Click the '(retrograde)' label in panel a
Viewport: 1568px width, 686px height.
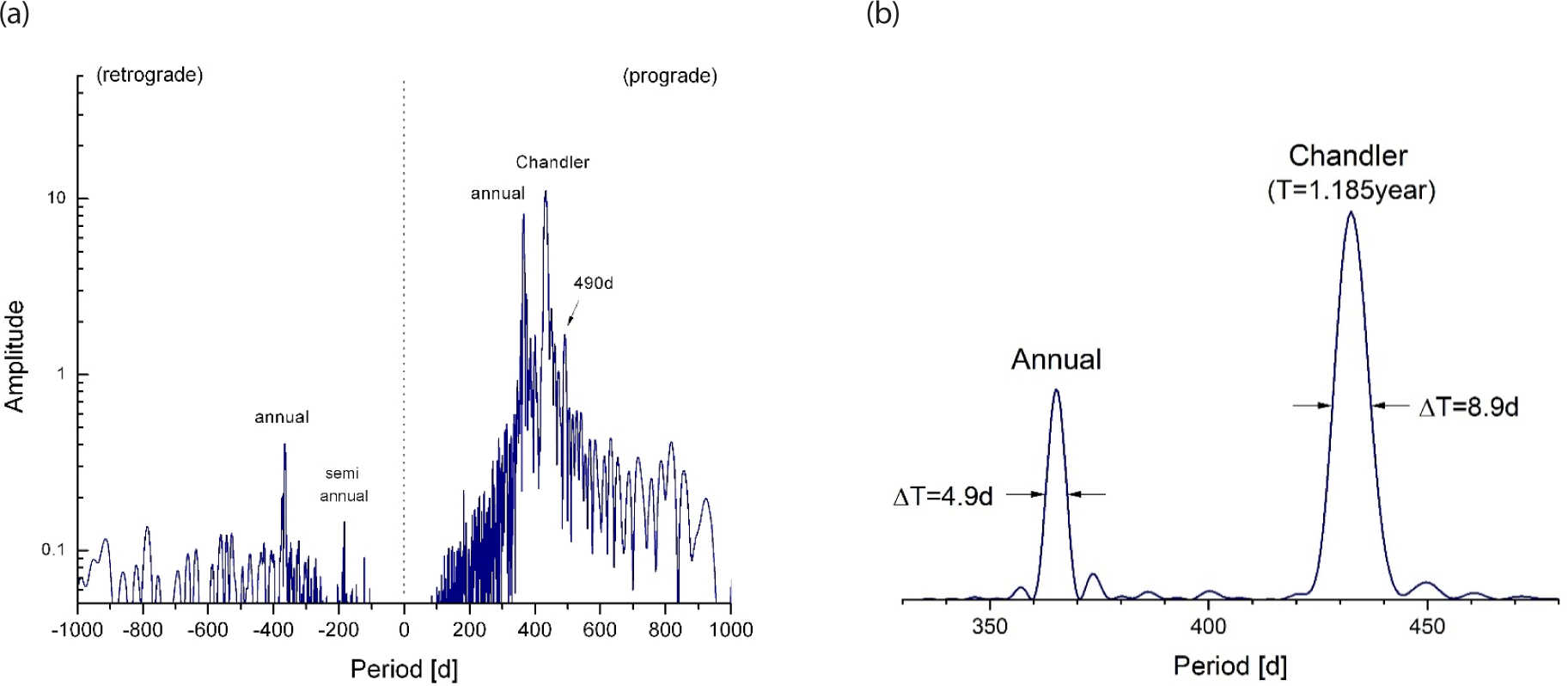pos(150,76)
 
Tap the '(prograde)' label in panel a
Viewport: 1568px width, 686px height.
pos(669,77)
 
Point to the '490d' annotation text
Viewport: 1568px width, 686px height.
pos(593,284)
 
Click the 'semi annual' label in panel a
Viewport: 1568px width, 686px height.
pos(344,485)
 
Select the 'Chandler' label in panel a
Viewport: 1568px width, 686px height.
pos(552,162)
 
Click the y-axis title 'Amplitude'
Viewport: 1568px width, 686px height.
pos(15,356)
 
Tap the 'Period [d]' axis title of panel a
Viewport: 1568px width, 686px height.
pos(404,669)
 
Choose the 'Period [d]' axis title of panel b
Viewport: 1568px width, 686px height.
pos(1230,665)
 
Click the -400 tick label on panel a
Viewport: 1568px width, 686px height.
pos(273,630)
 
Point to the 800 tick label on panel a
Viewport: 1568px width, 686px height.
pos(665,630)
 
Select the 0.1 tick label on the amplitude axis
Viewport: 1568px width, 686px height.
pos(53,550)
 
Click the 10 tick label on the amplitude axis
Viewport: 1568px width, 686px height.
pos(56,199)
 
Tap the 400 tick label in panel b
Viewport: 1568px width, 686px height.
pos(1208,627)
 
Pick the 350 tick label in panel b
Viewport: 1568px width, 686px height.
pos(990,627)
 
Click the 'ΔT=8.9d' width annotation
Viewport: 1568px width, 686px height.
pos(1468,407)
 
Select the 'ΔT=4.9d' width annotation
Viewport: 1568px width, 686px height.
pos(943,497)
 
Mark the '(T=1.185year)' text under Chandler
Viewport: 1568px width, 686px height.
pos(1351,190)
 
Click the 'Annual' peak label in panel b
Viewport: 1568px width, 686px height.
pos(1056,359)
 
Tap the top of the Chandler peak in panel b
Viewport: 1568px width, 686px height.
pos(1351,212)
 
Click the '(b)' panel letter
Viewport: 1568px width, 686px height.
pos(882,14)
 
